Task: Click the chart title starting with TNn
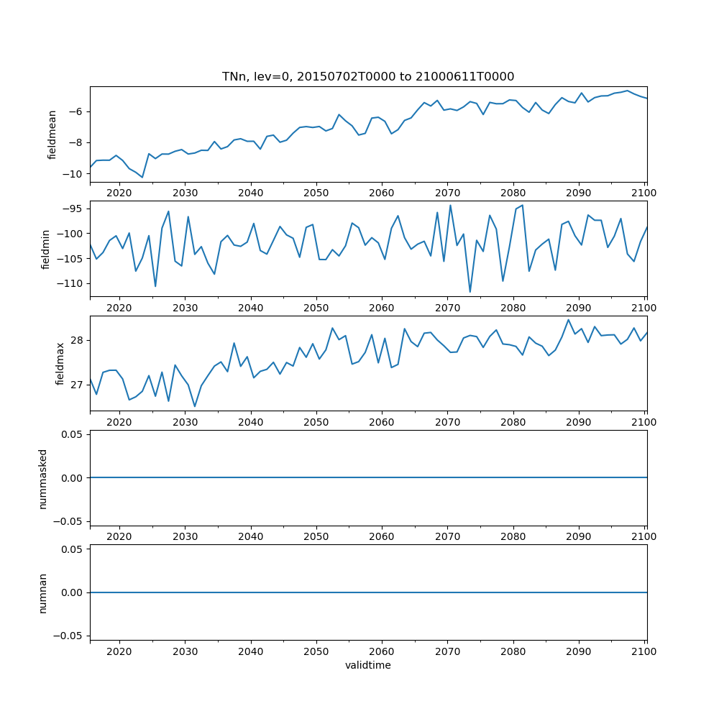(x=368, y=76)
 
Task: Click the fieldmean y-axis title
(x=52, y=134)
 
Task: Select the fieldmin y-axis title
(x=45, y=249)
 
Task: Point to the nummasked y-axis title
(x=42, y=477)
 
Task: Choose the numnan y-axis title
(x=42, y=592)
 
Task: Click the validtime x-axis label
(x=368, y=665)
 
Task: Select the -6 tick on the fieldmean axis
(x=78, y=111)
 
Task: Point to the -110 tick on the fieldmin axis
(x=70, y=283)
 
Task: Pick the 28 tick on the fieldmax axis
(x=78, y=340)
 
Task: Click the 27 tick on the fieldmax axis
(x=78, y=385)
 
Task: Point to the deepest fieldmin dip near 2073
(x=470, y=292)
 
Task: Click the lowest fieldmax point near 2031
(x=195, y=407)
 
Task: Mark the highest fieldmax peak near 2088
(x=568, y=319)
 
